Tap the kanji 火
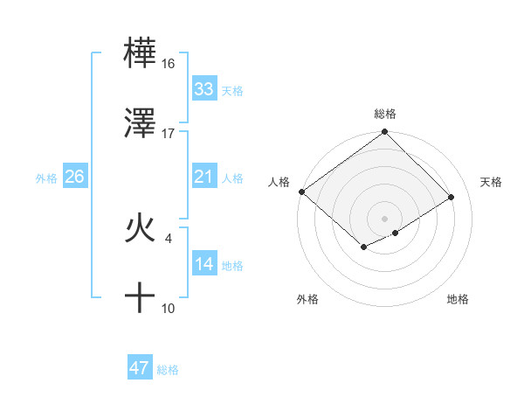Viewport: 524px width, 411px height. point(140,228)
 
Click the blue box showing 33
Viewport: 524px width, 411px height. point(203,89)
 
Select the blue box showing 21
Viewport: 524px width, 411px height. point(203,178)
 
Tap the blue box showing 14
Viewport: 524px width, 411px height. point(203,265)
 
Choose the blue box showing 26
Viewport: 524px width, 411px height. point(74,178)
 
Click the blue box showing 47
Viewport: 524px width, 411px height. point(139,368)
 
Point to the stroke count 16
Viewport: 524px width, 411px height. point(169,64)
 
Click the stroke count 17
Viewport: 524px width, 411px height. point(169,134)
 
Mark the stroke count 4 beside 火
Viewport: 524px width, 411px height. point(168,236)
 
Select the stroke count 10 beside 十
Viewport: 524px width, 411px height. point(169,308)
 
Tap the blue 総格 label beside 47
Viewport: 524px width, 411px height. point(168,370)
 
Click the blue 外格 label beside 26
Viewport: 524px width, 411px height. point(46,178)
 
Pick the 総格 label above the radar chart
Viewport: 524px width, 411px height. point(384,114)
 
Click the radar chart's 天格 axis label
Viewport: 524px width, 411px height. point(492,182)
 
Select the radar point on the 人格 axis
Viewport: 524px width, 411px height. point(301,192)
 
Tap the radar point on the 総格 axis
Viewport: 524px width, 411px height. point(384,133)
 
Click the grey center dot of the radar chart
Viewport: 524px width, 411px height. point(384,218)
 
